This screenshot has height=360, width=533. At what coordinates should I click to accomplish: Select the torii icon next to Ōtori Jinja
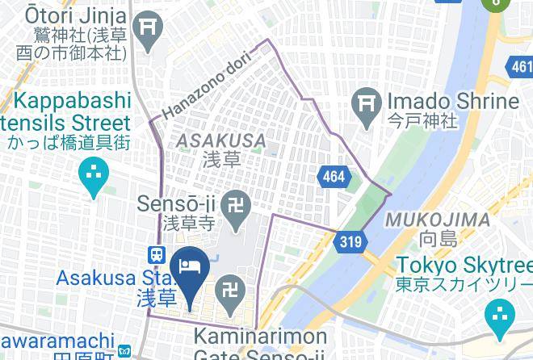(x=149, y=27)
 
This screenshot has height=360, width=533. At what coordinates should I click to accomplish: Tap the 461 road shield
(x=521, y=67)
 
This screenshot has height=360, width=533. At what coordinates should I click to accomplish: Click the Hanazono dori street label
(x=207, y=84)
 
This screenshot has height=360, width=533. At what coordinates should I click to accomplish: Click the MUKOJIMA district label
(x=437, y=220)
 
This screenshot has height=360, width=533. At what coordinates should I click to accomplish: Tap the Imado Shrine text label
(x=451, y=102)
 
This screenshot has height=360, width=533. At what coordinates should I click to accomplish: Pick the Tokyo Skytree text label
(x=464, y=266)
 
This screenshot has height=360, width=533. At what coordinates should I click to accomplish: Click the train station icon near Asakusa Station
(x=156, y=253)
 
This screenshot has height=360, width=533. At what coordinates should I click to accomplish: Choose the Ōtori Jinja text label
(x=65, y=15)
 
